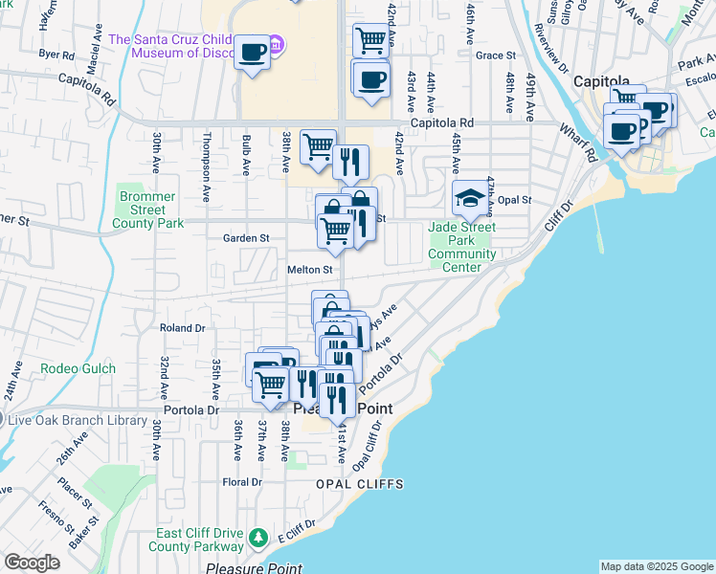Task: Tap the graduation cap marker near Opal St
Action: tap(469, 198)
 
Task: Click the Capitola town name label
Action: tap(601, 81)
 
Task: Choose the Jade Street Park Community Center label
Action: tap(461, 247)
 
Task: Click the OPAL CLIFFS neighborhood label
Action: tap(360, 484)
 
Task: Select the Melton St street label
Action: tap(309, 271)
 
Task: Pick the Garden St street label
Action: tap(246, 238)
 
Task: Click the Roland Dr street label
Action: tap(183, 327)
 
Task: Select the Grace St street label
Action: tap(495, 55)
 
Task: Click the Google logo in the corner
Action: tap(32, 563)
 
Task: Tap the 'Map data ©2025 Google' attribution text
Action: tap(656, 566)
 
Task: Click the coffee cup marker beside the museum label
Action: tap(253, 53)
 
